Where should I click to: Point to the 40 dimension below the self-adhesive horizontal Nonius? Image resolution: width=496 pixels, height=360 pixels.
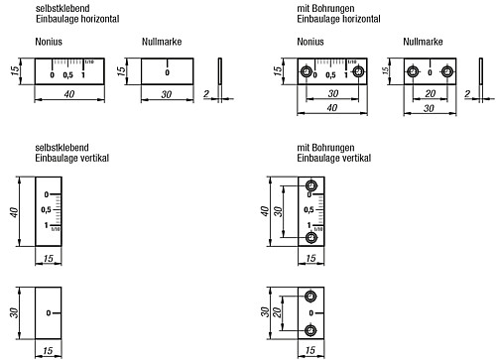[69, 94]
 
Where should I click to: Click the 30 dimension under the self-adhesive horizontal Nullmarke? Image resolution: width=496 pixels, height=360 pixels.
[167, 94]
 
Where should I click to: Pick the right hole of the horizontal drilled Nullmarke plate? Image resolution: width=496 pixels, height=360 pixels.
[447, 72]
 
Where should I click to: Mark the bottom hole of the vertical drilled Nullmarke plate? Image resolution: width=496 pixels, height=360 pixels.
[311, 329]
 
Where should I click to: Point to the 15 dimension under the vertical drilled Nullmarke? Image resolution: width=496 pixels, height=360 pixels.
[311, 351]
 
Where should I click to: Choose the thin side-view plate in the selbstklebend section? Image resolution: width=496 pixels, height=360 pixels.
[218, 72]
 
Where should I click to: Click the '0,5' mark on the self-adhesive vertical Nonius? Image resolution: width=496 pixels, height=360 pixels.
[47, 211]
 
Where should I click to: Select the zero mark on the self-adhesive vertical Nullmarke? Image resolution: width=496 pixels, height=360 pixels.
[47, 313]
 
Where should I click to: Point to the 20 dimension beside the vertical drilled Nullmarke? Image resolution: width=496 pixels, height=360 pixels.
[280, 313]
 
